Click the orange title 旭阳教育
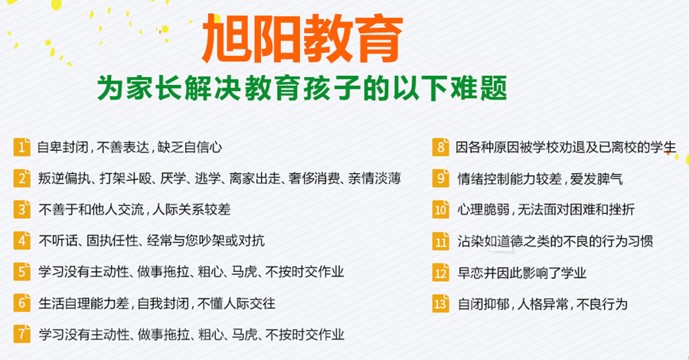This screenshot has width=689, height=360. coord(303,40)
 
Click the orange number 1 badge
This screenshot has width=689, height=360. coord(22,147)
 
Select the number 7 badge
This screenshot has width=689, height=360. coord(22,335)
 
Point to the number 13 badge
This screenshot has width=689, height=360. coord(440,303)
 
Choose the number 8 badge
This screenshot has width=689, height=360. coord(440,147)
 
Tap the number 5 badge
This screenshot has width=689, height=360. coord(22,272)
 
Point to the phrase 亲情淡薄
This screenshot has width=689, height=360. coord(376,178)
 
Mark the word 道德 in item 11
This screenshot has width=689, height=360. coord(511,241)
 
